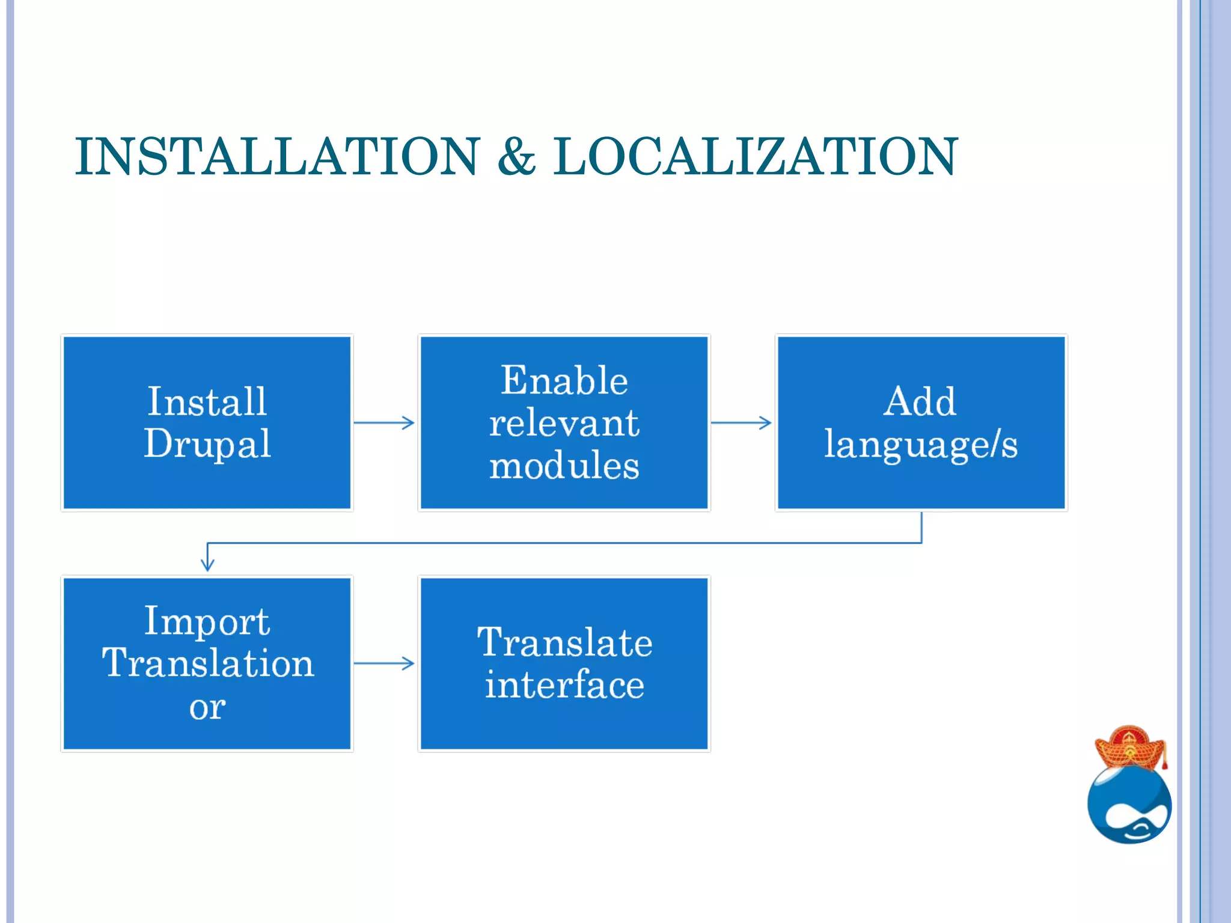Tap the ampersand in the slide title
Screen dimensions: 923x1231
(x=516, y=157)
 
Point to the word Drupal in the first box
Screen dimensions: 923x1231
(x=207, y=443)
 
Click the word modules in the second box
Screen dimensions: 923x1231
(x=564, y=466)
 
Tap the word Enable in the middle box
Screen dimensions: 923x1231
(x=564, y=380)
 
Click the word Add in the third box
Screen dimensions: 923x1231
(x=920, y=401)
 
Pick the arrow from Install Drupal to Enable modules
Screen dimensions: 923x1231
(x=385, y=422)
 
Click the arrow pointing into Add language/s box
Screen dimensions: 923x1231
(x=742, y=422)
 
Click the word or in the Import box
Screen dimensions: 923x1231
(x=207, y=707)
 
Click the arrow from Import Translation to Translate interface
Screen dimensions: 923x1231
(x=385, y=663)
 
